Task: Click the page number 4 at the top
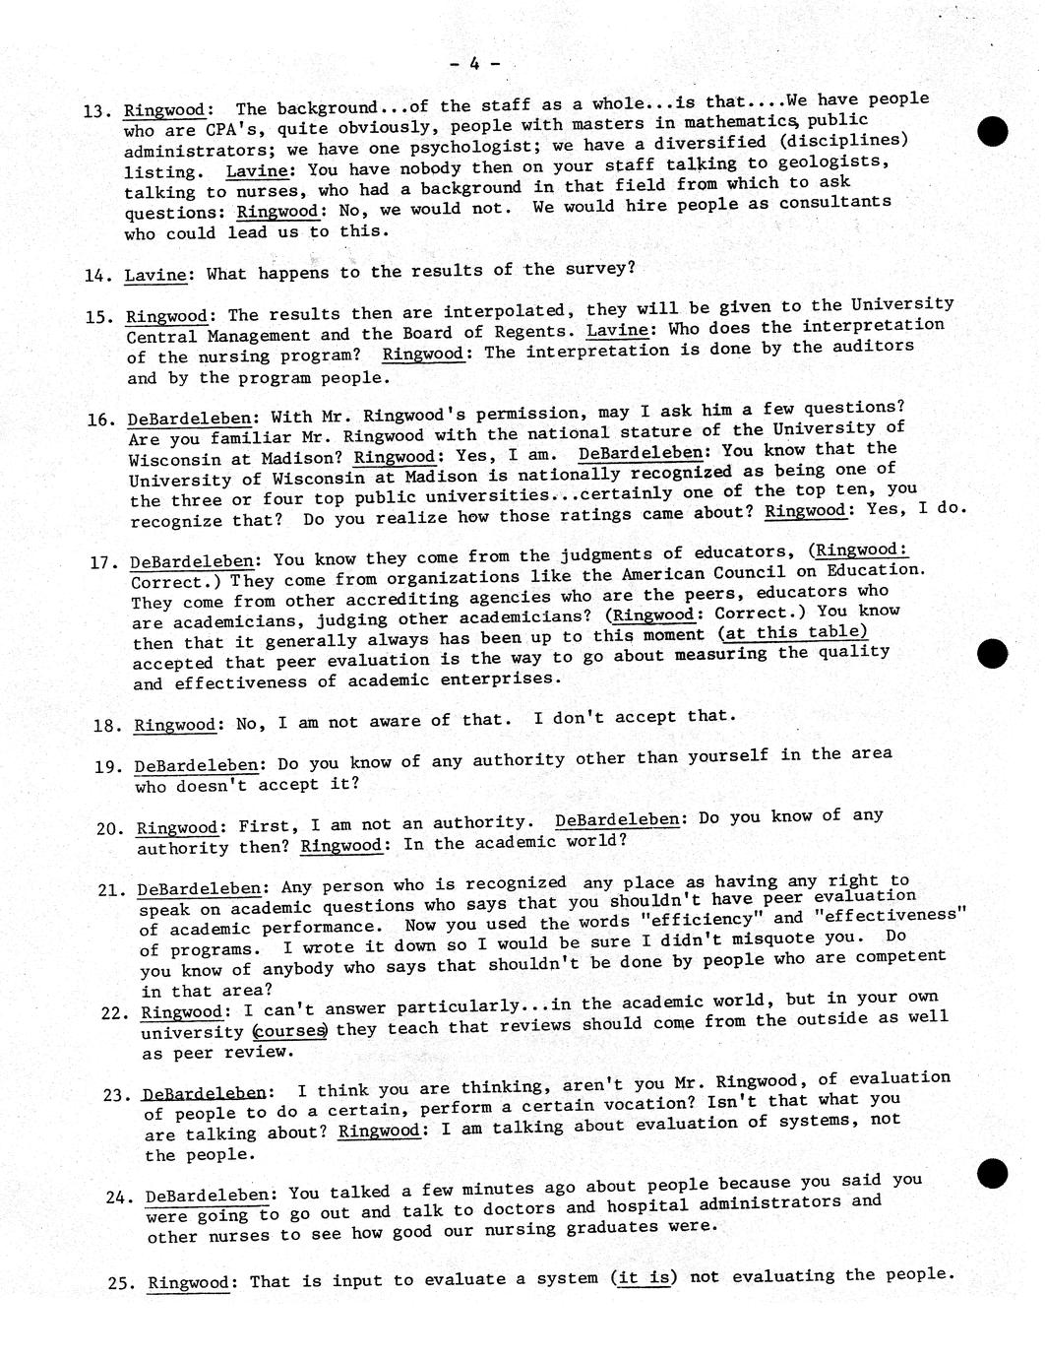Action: coord(474,64)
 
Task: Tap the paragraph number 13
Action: coord(95,112)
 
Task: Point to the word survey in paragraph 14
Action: coord(596,268)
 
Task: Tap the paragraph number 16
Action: coord(100,420)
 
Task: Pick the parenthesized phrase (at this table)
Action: coord(793,633)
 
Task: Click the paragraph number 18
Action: coord(105,726)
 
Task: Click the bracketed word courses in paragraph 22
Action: coord(289,1031)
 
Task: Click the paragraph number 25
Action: coord(122,1284)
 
